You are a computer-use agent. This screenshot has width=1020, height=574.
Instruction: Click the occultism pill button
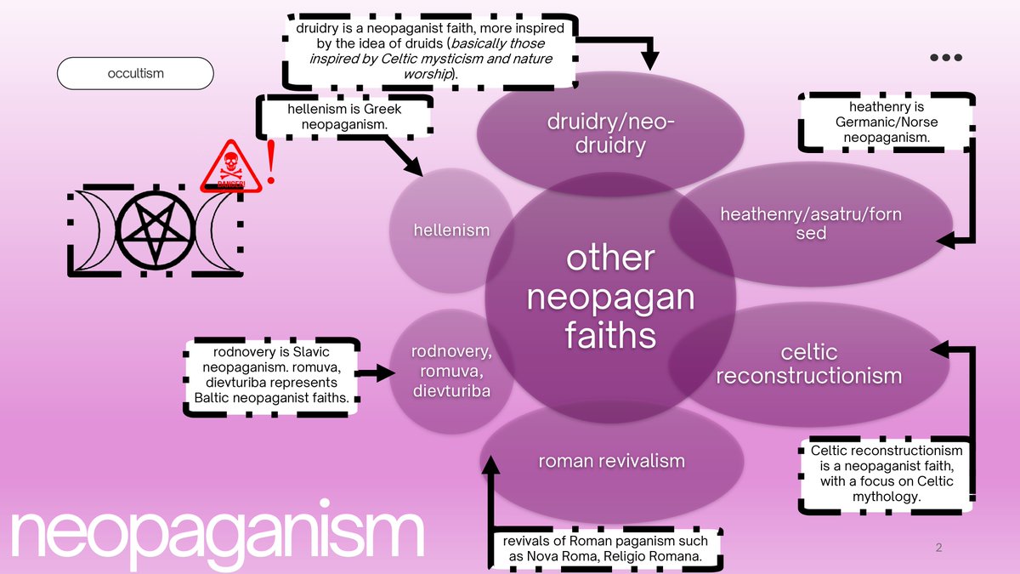point(135,73)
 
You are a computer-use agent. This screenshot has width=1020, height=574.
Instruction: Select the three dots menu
point(945,58)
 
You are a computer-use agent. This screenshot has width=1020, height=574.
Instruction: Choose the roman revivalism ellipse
point(610,461)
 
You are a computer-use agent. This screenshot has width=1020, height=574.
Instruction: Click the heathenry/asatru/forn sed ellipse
point(810,223)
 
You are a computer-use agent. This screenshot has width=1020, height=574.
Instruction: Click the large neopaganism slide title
point(217,534)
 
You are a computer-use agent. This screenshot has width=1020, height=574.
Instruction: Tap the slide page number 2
point(938,548)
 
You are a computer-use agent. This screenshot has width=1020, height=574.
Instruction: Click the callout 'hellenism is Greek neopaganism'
point(344,117)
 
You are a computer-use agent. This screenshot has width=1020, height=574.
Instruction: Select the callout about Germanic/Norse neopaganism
point(886,122)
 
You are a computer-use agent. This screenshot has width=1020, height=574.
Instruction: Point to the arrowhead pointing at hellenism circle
point(415,168)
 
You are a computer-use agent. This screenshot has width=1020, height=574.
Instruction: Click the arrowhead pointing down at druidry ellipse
point(650,60)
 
